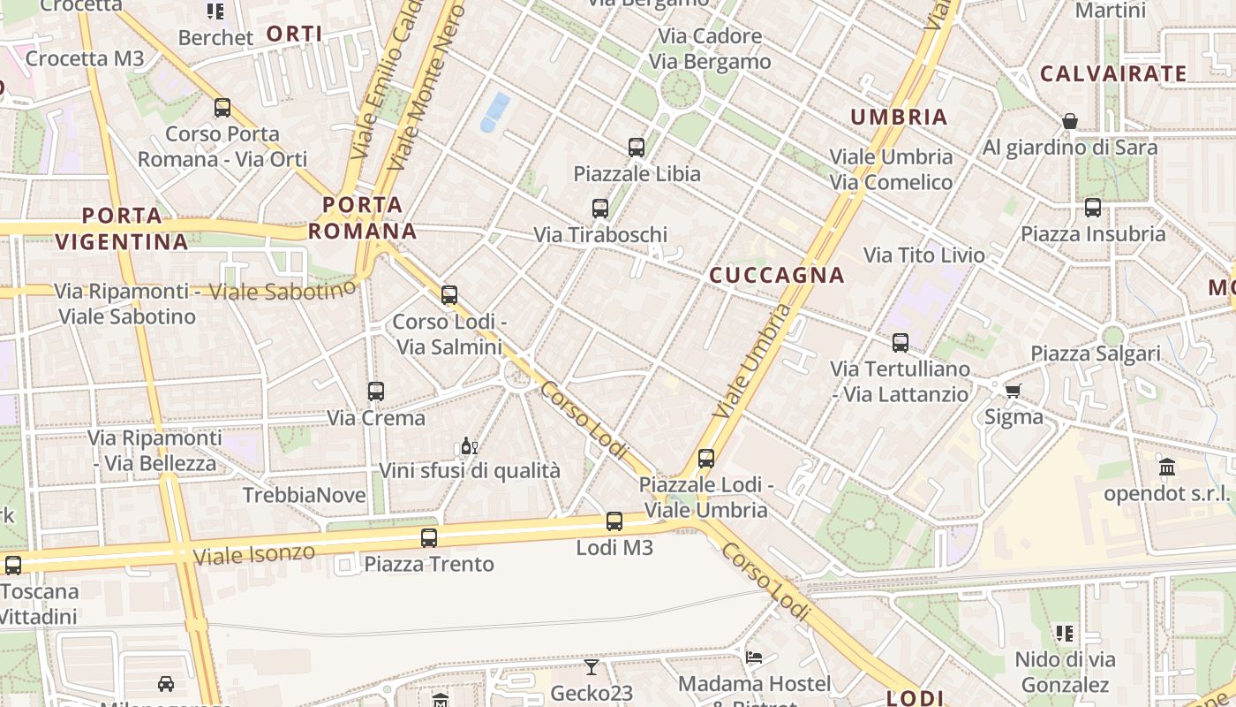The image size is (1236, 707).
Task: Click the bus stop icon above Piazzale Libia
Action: pyautogui.click(x=637, y=148)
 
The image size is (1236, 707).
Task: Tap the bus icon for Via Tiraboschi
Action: pyautogui.click(x=600, y=209)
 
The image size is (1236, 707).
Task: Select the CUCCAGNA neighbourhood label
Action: pyautogui.click(x=777, y=276)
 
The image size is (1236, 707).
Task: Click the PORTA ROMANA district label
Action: pyautogui.click(x=362, y=218)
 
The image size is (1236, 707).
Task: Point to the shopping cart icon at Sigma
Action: pyautogui.click(x=1013, y=391)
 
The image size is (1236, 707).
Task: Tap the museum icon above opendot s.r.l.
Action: pyautogui.click(x=1167, y=467)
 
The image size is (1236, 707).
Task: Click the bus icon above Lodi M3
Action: pyautogui.click(x=614, y=521)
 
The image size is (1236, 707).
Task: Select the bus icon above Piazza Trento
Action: pyautogui.click(x=429, y=537)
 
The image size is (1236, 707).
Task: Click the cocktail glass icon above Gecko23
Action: pyautogui.click(x=592, y=667)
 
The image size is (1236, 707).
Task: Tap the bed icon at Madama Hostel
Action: pyautogui.click(x=754, y=658)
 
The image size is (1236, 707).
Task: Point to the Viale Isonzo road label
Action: pyautogui.click(x=253, y=555)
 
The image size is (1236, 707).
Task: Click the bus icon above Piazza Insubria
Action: pyautogui.click(x=1093, y=208)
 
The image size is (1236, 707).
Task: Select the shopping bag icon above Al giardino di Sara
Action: pyautogui.click(x=1070, y=121)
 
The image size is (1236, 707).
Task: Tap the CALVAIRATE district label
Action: pyautogui.click(x=1113, y=74)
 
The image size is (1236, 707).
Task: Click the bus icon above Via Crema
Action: pyautogui.click(x=376, y=391)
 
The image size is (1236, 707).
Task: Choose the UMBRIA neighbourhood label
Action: pyautogui.click(x=899, y=117)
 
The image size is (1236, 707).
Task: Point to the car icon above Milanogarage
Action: pyautogui.click(x=166, y=683)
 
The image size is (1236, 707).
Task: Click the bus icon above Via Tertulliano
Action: pyautogui.click(x=901, y=343)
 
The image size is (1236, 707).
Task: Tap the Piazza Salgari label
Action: pyautogui.click(x=1096, y=353)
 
